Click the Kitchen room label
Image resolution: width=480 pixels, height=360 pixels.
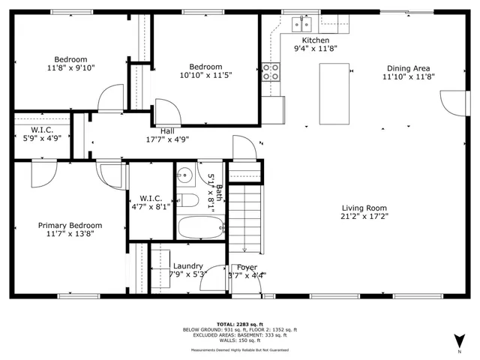[316, 40]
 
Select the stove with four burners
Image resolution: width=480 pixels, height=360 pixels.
[271, 71]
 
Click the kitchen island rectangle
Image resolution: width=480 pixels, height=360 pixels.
[334, 94]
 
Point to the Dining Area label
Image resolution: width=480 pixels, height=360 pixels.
[408, 67]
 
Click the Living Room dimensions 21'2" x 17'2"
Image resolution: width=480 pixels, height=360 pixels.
[364, 217]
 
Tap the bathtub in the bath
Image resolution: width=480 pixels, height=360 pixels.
[200, 227]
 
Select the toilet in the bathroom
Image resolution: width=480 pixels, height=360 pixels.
[187, 199]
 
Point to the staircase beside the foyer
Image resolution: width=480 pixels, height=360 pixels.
[245, 217]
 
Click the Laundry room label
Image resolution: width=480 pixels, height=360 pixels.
[187, 266]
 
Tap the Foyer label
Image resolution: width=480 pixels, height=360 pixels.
[247, 267]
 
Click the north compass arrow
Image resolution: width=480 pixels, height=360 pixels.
[459, 340]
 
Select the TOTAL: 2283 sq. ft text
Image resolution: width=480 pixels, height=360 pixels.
[240, 324]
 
